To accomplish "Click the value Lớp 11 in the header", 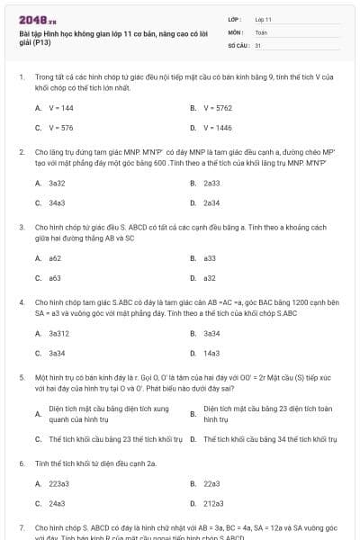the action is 264,18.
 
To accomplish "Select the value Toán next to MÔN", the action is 261,31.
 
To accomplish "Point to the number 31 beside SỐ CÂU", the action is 258,43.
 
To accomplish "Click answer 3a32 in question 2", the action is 57,183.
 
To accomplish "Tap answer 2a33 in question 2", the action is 211,183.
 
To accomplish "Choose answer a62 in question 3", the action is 55,257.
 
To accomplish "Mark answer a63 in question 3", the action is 55,278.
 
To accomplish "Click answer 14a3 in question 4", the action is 211,354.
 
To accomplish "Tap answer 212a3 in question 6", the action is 213,504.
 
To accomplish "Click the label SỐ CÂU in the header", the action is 238,43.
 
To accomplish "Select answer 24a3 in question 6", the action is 57,504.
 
